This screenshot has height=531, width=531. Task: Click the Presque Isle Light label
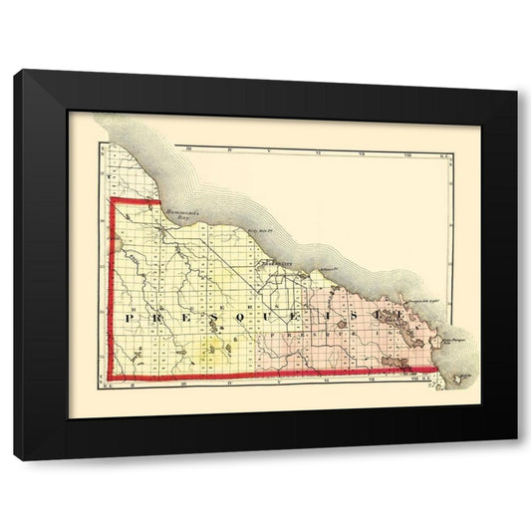tap(418, 300)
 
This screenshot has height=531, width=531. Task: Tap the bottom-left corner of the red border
tap(111, 379)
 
